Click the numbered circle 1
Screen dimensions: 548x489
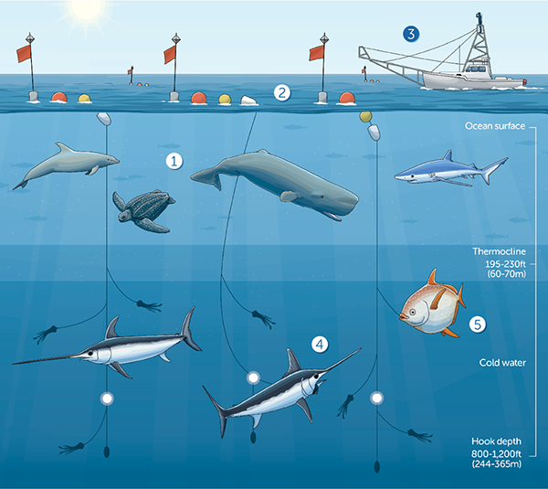[x=174, y=161]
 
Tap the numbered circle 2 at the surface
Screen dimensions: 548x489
[x=282, y=92]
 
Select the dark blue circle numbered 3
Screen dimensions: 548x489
[x=411, y=34]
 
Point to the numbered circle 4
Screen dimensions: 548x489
[x=320, y=345]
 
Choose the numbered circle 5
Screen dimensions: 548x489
[x=478, y=324]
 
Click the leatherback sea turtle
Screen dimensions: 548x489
[x=143, y=210]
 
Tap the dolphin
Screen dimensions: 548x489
[x=67, y=164]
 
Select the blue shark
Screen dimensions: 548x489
[x=451, y=170]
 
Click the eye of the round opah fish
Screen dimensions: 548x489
[x=413, y=312]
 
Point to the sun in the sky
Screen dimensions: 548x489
[x=87, y=10]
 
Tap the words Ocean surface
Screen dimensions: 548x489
[x=495, y=126]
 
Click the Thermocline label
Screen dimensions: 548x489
[x=499, y=251]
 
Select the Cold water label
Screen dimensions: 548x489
[x=502, y=363]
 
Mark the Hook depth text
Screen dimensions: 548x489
[x=496, y=441]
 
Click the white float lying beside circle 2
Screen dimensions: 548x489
[x=248, y=101]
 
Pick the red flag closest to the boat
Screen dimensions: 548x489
[x=317, y=53]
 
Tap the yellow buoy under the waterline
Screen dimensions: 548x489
[x=365, y=116]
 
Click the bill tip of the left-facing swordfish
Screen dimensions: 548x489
[x=14, y=364]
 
